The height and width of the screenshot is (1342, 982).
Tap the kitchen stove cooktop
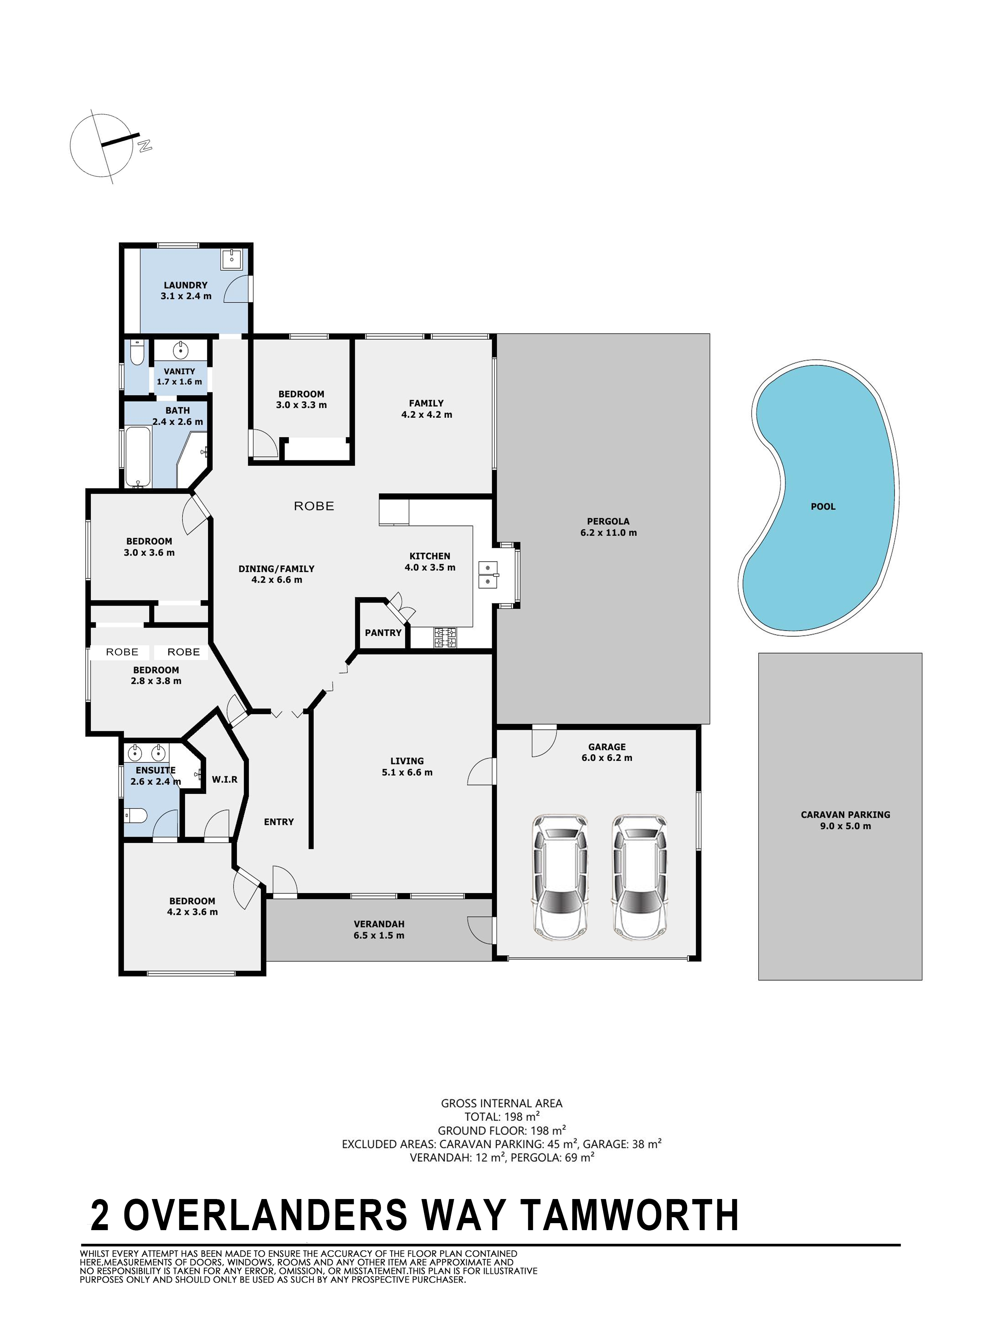(x=445, y=638)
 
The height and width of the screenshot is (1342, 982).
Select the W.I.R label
(x=225, y=779)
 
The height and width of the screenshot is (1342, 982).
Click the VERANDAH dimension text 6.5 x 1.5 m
(x=379, y=935)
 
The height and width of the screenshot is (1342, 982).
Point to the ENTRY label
(x=279, y=822)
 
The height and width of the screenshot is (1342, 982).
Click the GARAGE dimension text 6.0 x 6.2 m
(x=607, y=758)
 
